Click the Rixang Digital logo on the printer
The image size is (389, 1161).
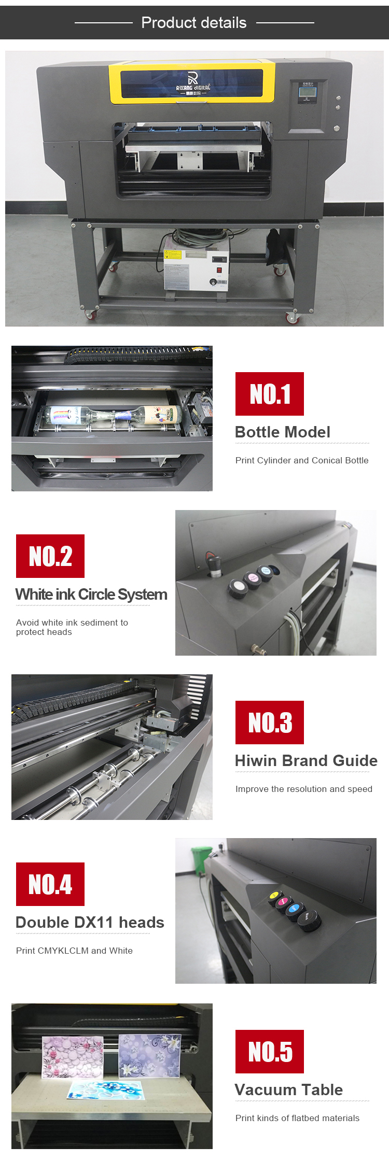(192, 83)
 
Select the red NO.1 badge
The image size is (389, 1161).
(270, 394)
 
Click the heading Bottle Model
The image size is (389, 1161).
(283, 432)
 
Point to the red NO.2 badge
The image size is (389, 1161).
(50, 556)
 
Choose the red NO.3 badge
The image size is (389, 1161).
(270, 723)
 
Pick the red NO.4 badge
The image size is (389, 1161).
(50, 884)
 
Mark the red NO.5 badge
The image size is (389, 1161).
(270, 1052)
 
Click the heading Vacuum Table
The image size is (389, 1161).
(289, 1089)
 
